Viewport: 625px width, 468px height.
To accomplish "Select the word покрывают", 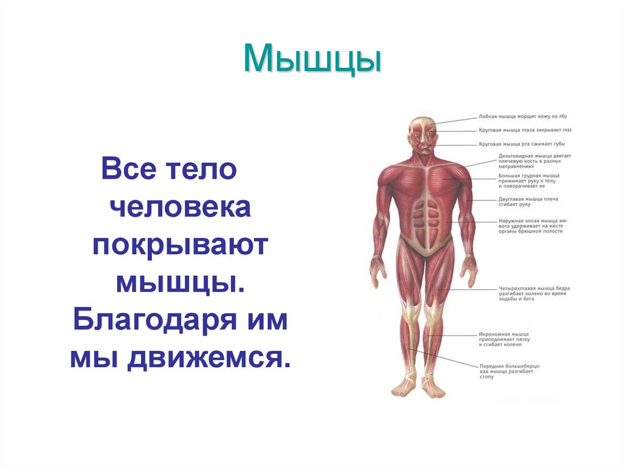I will coord(181,246).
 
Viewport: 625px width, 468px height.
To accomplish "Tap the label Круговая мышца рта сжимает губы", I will coord(522,145).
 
